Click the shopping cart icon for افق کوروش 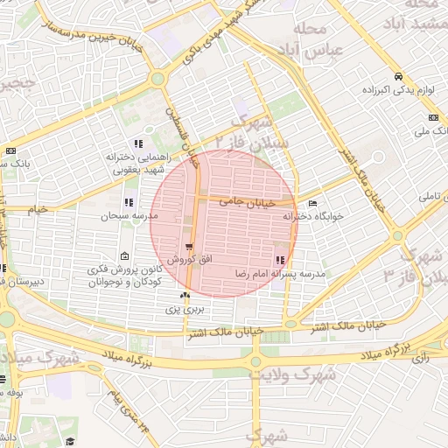coord(189,248)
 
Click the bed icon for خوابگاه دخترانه coord(313,204)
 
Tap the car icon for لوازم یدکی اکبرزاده coord(399,76)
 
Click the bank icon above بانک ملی coord(433,118)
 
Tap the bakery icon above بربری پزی coord(185,297)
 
